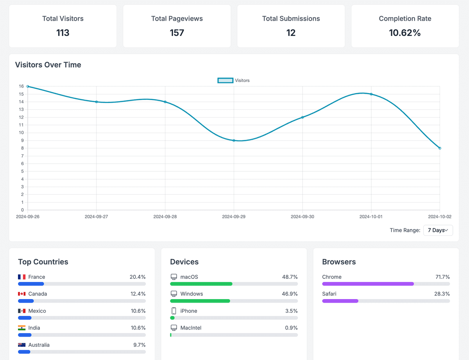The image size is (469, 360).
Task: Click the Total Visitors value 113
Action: point(63,33)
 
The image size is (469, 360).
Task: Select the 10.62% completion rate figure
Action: point(405,33)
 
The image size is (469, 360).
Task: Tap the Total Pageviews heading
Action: point(177,18)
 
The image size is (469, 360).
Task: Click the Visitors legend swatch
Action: point(225,80)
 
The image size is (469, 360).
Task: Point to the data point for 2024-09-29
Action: point(234,141)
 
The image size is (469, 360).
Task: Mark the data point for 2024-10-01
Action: point(371,94)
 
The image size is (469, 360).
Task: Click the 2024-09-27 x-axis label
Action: point(96,216)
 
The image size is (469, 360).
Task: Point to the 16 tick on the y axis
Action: point(21,86)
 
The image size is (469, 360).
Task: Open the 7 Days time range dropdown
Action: point(438,230)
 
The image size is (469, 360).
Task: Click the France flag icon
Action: point(22,277)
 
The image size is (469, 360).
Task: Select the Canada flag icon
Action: point(22,294)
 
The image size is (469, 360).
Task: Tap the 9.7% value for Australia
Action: point(139,345)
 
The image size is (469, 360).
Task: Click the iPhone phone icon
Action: point(174,311)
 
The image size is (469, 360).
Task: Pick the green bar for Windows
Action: point(200,301)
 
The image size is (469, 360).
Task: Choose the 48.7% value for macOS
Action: point(290,277)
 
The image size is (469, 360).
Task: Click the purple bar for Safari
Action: point(340,301)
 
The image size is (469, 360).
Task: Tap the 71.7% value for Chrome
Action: point(442,277)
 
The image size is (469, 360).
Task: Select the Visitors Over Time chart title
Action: point(48,65)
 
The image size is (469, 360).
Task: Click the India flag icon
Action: point(22,328)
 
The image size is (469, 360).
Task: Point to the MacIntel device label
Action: point(191,328)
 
